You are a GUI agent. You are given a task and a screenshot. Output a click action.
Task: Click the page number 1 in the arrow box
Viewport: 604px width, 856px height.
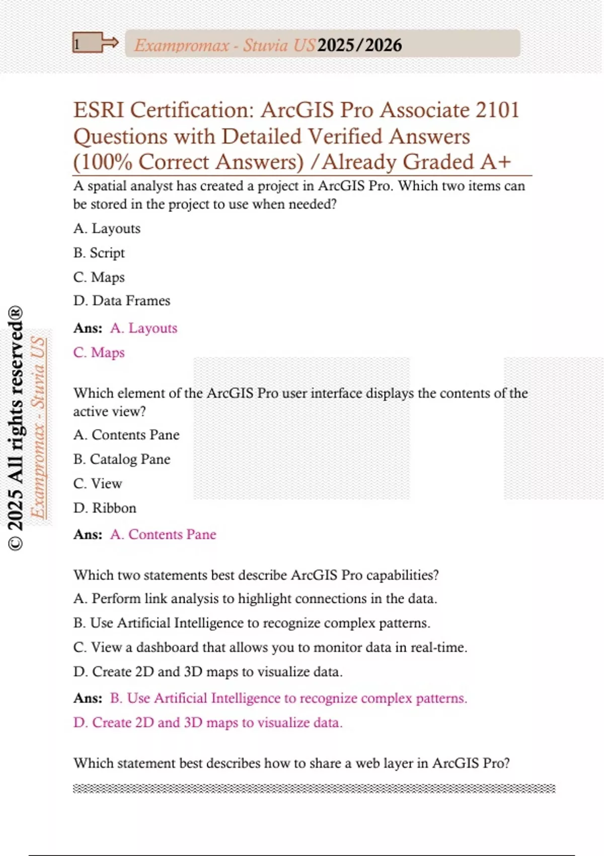(77, 44)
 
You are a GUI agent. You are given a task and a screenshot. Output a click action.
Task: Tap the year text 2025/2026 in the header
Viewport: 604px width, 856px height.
(359, 45)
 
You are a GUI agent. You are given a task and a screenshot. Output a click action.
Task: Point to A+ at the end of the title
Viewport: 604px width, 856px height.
(495, 162)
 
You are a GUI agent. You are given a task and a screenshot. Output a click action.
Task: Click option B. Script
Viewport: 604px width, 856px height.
(99, 253)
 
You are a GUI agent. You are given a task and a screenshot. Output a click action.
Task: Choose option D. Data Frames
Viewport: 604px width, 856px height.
(122, 301)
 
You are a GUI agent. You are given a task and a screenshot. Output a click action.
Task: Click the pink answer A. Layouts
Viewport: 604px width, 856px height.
(143, 328)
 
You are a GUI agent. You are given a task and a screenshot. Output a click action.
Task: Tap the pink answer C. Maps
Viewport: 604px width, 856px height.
(99, 352)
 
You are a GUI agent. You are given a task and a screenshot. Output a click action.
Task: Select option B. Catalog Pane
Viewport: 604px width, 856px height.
(122, 459)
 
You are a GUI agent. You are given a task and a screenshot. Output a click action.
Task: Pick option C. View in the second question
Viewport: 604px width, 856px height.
(98, 483)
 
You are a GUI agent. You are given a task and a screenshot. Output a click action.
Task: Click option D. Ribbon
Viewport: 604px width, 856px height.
(105, 508)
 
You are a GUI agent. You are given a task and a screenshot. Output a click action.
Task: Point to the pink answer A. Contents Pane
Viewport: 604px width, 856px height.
(163, 534)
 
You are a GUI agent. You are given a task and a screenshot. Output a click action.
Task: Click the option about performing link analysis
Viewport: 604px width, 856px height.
(255, 599)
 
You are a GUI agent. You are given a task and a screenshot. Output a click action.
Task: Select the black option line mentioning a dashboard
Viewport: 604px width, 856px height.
(270, 647)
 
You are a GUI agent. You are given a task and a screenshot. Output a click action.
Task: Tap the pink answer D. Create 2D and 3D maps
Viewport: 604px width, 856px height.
(208, 723)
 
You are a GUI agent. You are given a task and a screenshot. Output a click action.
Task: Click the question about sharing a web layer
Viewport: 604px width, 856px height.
(292, 763)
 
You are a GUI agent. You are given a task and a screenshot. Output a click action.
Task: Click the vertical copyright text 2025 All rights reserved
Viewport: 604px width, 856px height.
(16, 428)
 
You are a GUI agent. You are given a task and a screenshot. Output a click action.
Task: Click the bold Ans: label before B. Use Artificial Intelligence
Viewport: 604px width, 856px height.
(88, 698)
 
